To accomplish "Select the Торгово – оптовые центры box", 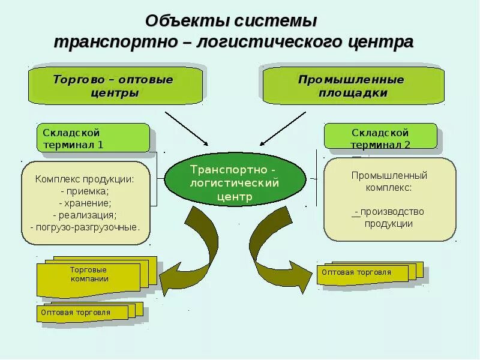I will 115,86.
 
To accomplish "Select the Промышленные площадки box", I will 352,86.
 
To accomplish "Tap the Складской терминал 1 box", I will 93,138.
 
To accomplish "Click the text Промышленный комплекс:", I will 389,181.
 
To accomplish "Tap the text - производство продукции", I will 389,217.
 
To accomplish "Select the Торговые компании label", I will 89,274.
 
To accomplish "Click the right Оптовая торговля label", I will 356,272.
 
